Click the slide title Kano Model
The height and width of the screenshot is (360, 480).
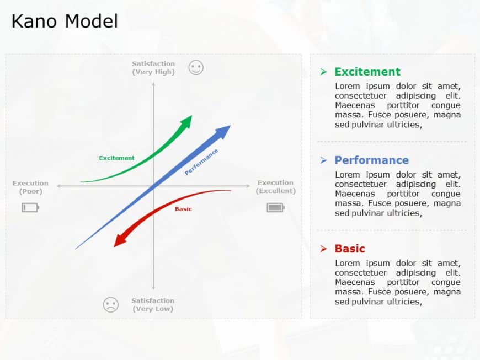(65, 21)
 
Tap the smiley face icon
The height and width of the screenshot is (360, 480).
(196, 68)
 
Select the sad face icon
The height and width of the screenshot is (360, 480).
(111, 304)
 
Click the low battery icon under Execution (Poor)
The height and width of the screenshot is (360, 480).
(30, 207)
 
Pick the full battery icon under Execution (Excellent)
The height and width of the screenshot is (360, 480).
(275, 207)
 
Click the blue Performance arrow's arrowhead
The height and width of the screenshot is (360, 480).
(223, 131)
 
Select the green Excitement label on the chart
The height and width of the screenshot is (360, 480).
(116, 158)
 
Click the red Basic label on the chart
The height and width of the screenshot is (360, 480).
(183, 209)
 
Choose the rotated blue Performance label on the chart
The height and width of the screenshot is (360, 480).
(201, 162)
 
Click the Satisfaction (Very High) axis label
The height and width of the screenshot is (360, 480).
(153, 68)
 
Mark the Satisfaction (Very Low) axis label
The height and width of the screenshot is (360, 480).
(153, 305)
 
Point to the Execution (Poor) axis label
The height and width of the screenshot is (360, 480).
(30, 187)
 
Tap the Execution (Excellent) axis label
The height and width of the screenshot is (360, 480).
(275, 186)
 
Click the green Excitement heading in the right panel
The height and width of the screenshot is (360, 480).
(367, 72)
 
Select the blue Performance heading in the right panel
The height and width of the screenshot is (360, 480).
(371, 160)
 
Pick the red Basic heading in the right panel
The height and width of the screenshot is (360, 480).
(350, 249)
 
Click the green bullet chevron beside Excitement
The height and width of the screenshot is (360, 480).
(323, 72)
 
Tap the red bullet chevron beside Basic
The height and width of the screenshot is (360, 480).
(323, 249)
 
